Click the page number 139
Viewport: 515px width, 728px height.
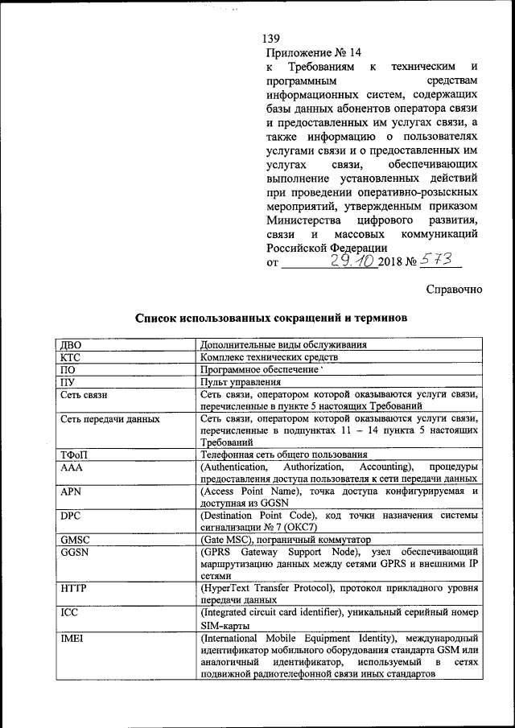click(270, 39)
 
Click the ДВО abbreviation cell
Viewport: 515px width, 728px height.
click(71, 344)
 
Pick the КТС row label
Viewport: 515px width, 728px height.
click(71, 356)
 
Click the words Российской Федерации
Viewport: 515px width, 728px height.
click(326, 248)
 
